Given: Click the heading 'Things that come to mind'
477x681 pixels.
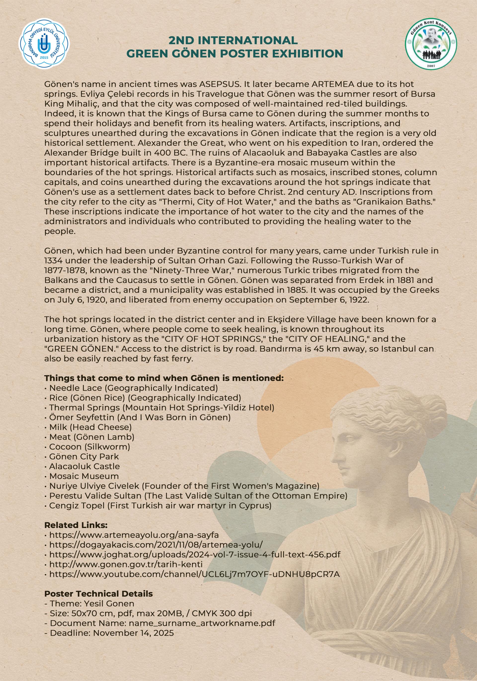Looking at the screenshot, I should tap(164, 378).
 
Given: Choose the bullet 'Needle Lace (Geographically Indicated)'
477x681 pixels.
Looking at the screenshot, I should tap(133, 388).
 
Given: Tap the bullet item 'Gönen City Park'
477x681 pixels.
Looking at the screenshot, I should tap(84, 456).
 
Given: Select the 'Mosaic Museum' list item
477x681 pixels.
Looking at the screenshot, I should tap(84, 476).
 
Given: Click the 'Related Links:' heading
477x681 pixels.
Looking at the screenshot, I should tap(76, 525).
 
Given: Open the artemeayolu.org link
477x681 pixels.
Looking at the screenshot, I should tap(134, 535).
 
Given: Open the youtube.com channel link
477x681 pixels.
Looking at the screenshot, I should tap(194, 574).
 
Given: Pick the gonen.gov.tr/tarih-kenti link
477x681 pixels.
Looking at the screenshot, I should tap(126, 565).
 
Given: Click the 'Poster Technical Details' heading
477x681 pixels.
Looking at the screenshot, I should tap(98, 594).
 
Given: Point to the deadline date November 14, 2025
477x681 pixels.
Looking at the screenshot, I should tap(133, 633).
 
